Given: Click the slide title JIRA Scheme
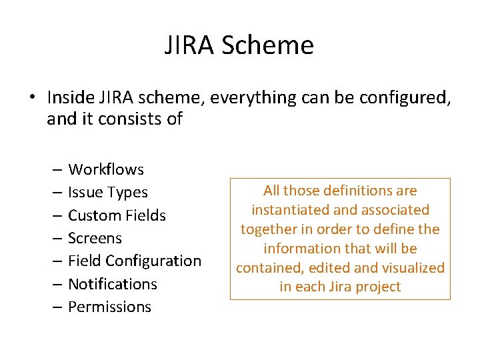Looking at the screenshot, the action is click(x=239, y=45).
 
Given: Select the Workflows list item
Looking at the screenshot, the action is click(x=106, y=169).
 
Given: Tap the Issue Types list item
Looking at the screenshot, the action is click(x=108, y=193).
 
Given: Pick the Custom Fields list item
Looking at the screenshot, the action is click(x=117, y=215).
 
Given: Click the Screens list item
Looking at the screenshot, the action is click(x=95, y=238).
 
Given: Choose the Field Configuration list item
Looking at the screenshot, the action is click(x=135, y=261).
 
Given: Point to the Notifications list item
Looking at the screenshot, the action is click(x=113, y=284).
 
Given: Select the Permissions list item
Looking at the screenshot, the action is click(x=109, y=307).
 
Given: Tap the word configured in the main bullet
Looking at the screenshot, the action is click(x=405, y=97).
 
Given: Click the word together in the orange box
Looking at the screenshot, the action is click(x=265, y=229).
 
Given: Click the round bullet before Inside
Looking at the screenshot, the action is click(x=32, y=98).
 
